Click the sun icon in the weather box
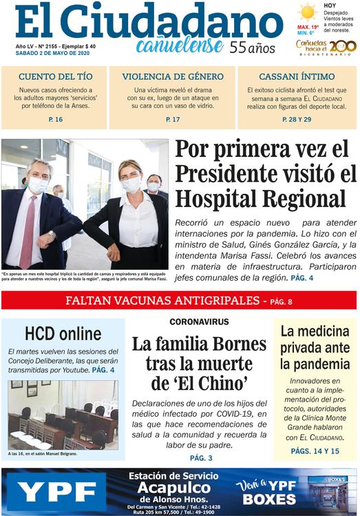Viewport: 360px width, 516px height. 307,12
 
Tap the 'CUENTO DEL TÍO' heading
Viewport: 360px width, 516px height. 54,76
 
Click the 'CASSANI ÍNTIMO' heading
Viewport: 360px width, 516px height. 297,76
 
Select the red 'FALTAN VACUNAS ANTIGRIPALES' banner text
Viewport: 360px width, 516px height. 165,301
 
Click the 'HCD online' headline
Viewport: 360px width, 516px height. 63,334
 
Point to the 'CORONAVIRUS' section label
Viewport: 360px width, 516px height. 199,322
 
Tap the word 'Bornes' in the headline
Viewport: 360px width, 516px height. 232,343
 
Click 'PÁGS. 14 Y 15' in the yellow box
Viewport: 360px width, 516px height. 315,451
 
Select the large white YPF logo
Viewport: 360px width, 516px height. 56,491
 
